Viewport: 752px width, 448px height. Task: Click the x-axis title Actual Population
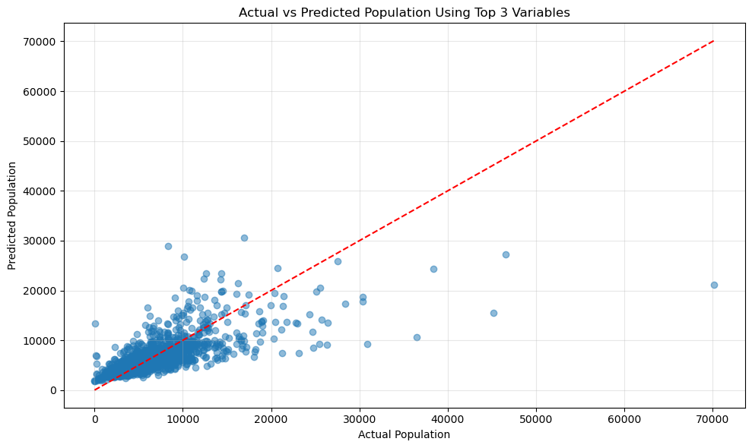pos(404,435)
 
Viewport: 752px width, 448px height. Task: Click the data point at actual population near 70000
pos(714,285)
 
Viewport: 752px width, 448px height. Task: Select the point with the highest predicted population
pos(244,238)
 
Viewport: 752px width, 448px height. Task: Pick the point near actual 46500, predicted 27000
pos(506,254)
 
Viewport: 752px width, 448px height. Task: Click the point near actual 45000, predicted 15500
pos(493,313)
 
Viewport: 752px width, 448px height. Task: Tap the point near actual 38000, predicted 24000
pos(433,269)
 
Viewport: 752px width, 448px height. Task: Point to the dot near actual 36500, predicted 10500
pos(417,337)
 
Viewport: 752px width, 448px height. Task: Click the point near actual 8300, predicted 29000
pos(168,246)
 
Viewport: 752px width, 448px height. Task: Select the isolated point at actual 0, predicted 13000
pos(95,323)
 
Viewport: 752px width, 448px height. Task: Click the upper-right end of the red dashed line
pos(713,41)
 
